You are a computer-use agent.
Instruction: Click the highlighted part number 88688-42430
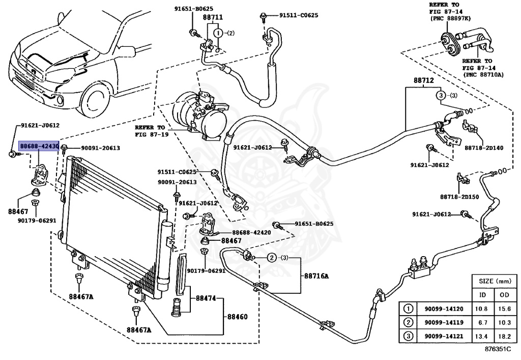coord(39,146)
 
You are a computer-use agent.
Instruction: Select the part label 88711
coord(213,17)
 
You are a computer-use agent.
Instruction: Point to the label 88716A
coord(317,275)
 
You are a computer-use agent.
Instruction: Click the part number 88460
coord(237,316)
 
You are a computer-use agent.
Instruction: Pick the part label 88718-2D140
coord(483,148)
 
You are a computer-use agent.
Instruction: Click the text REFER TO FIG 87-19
coord(150,130)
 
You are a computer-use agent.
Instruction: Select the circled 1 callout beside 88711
coord(218,33)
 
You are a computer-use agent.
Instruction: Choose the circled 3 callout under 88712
coord(441,96)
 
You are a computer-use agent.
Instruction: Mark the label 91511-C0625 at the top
coord(299,15)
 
